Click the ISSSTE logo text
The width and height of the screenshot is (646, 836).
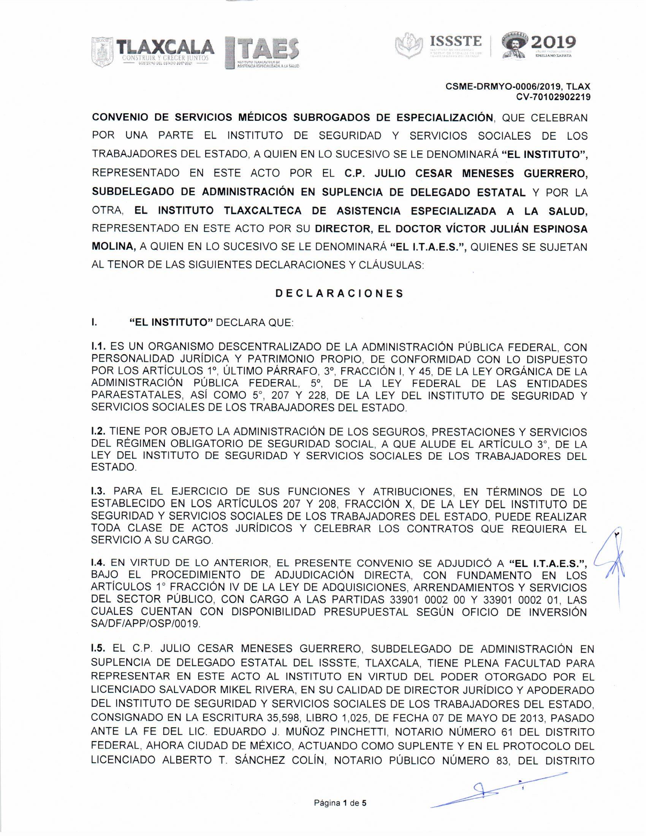click(455, 41)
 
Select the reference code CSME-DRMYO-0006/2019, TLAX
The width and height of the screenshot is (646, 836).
click(518, 87)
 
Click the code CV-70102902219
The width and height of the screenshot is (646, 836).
click(553, 97)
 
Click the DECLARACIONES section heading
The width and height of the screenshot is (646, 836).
click(339, 294)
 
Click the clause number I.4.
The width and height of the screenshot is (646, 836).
click(99, 563)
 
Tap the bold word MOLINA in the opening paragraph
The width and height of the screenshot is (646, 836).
click(113, 247)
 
